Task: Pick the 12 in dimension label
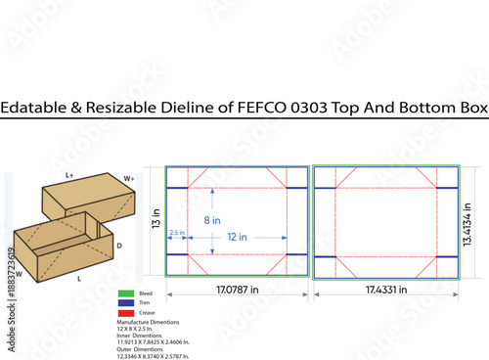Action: [237, 237]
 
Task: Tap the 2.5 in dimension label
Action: [177, 232]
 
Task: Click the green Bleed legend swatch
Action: [124, 292]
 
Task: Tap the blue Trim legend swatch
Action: [124, 301]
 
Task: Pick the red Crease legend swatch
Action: [124, 310]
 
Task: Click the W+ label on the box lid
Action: [129, 179]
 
